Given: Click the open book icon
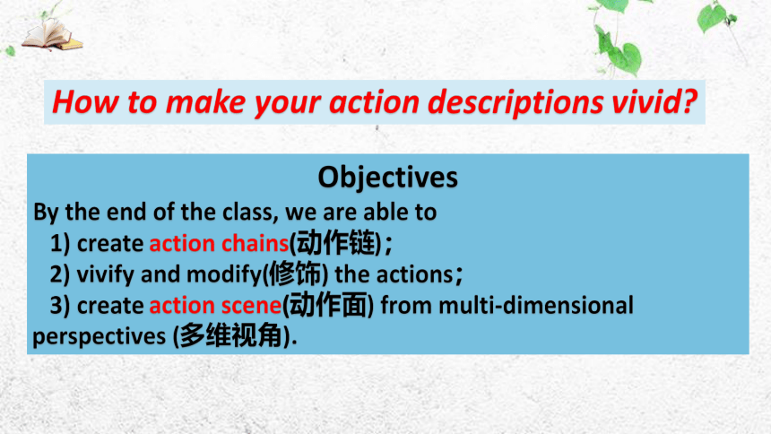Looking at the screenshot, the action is coord(52,34).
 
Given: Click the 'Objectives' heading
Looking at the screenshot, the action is coord(387,177).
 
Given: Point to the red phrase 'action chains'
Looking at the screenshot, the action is coord(219,243).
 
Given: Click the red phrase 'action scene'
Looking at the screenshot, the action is coord(215,305).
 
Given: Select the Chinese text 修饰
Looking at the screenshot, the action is coord(295,273).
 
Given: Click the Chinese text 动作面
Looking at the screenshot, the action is coord(328,305).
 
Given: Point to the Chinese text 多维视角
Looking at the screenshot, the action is coord(230,335).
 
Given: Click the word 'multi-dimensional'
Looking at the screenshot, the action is coord(536,305).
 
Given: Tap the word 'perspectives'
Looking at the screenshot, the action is coord(100,337).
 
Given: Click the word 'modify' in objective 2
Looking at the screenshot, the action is coord(224,274).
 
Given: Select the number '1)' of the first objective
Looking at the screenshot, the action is coord(60,244).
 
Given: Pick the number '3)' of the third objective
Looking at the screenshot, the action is coord(60,306).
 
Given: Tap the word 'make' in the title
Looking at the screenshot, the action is coord(205,102).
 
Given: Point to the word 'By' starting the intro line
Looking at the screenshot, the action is coord(46,213).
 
